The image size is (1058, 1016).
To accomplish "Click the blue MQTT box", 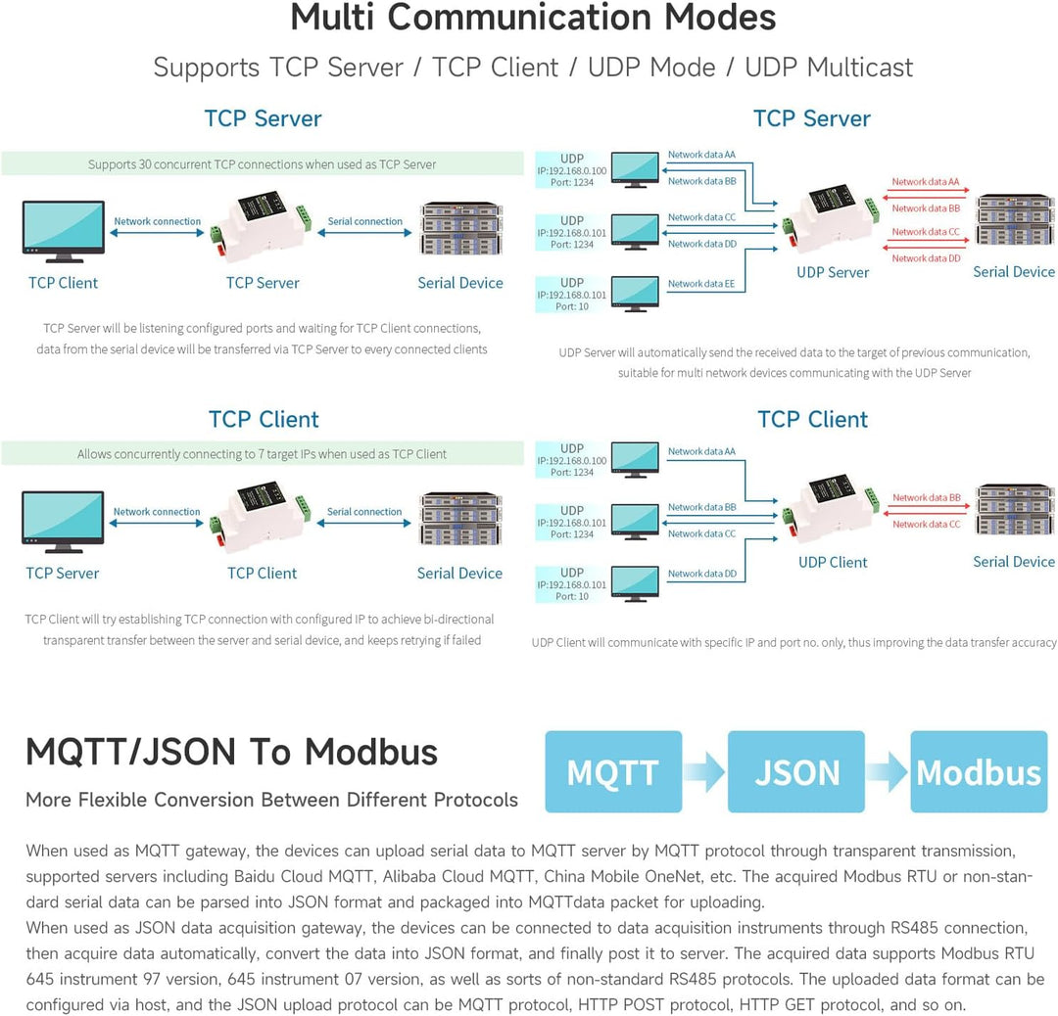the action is (x=613, y=771).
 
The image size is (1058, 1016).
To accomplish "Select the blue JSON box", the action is (x=796, y=771).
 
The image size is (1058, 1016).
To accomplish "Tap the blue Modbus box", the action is (x=979, y=771).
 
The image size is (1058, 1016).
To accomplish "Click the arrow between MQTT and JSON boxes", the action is (x=705, y=771).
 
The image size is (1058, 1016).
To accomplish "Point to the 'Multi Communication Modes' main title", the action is (x=533, y=18).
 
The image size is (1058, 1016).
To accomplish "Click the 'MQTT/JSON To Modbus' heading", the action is (x=231, y=752).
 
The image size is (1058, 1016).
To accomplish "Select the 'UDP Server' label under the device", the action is (x=833, y=272).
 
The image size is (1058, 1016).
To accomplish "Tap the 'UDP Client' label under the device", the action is (x=833, y=562).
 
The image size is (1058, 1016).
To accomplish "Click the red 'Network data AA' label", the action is (x=925, y=181).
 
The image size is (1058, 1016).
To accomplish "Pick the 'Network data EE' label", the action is (x=701, y=284).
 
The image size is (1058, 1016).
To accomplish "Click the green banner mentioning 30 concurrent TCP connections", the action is (x=262, y=163).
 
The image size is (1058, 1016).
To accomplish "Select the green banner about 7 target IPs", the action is (x=262, y=454).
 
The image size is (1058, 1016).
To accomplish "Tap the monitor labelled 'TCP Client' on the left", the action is (x=64, y=231).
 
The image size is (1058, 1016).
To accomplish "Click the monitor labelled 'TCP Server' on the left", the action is (x=63, y=522).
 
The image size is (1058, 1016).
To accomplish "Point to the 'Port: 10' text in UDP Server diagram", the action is (x=572, y=306).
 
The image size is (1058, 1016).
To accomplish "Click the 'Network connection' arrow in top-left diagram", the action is (x=157, y=233).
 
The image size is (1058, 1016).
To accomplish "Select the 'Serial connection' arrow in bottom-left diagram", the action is (x=364, y=523).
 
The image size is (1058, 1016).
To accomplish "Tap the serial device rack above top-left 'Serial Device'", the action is (x=461, y=228).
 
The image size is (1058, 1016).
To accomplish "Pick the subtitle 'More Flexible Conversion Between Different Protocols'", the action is (x=272, y=800).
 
